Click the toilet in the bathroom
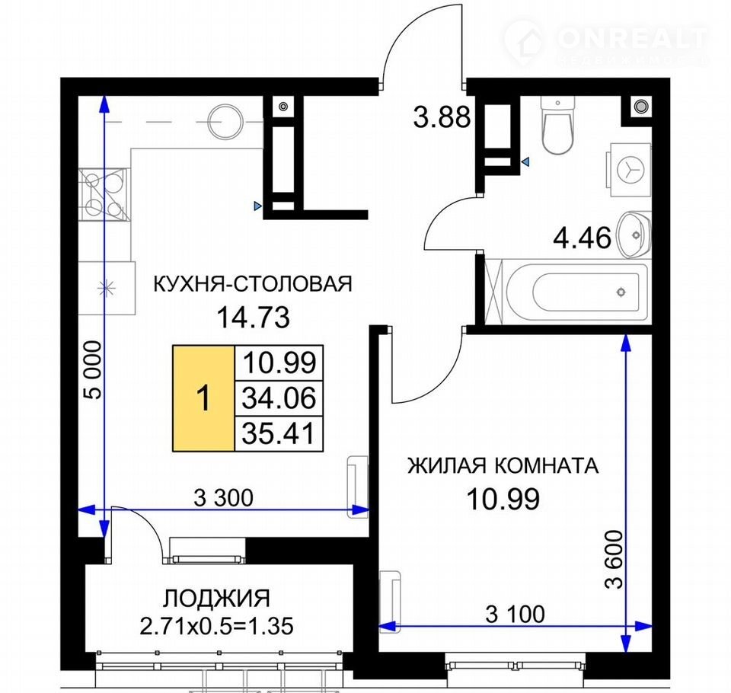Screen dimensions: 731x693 [558, 125]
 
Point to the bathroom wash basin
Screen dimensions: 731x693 [634, 235]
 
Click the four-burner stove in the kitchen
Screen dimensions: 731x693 [103, 194]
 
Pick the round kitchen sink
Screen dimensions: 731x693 [225, 121]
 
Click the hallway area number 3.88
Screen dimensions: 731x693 [442, 117]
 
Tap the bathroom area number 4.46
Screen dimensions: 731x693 [582, 238]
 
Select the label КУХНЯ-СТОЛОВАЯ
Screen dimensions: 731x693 [253, 283]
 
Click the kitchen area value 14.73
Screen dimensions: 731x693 [254, 317]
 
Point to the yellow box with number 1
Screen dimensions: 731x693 [203, 398]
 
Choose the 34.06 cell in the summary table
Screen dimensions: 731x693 [279, 398]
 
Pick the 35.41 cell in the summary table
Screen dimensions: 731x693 [279, 434]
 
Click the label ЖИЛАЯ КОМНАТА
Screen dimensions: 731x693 [503, 465]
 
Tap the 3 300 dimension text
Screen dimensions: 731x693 [223, 497]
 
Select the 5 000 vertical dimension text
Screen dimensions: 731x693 [93, 370]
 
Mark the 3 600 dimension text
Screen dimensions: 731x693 [614, 560]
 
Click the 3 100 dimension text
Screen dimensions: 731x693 [516, 615]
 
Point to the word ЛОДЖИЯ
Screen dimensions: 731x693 [217, 599]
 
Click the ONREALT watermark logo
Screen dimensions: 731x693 [606, 43]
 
